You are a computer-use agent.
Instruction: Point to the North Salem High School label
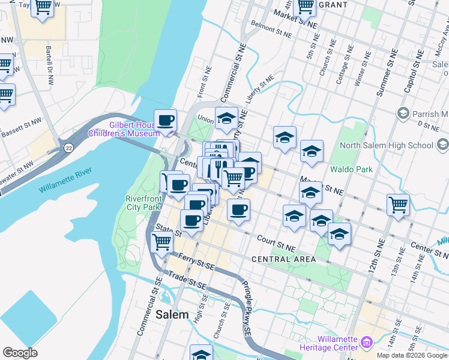pyautogui.click(x=386, y=145)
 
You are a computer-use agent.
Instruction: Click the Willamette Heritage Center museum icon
pyautogui.click(x=367, y=343)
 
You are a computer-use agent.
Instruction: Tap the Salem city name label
pyautogui.click(x=172, y=314)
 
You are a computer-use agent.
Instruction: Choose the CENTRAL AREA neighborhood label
pyautogui.click(x=283, y=259)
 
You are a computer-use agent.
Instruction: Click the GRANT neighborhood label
pyautogui.click(x=333, y=5)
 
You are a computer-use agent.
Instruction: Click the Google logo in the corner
pyautogui.click(x=20, y=352)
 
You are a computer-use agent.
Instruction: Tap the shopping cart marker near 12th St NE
pyautogui.click(x=398, y=205)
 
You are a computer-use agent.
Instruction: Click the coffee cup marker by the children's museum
pyautogui.click(x=166, y=120)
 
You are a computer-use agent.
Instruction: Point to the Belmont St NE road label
pyautogui.click(x=272, y=31)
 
